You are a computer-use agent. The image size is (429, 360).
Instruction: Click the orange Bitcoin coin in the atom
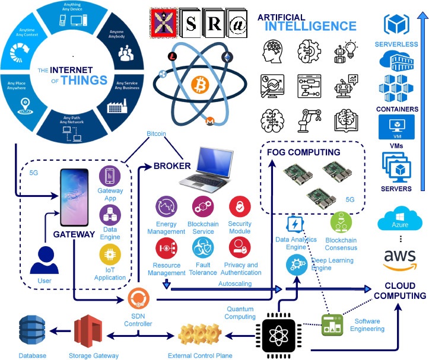coord(196,88)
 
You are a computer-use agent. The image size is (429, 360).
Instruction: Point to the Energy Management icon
coord(166,208)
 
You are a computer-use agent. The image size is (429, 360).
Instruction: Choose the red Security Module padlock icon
coord(240,208)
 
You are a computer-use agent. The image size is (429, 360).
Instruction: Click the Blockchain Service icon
coord(203,208)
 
